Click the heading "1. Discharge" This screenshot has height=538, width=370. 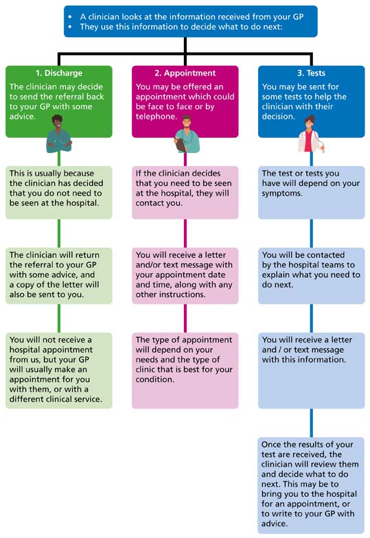[59, 73]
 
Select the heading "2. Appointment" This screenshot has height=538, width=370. [185, 73]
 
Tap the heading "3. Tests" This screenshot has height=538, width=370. [312, 73]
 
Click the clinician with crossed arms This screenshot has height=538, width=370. [59, 134]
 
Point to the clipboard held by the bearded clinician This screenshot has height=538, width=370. [180, 144]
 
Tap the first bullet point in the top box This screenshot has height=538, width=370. [70, 16]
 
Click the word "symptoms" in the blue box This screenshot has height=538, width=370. [281, 194]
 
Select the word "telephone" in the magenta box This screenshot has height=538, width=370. [155, 117]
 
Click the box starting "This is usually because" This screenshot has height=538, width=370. [59, 192]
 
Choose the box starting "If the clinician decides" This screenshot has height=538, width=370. [185, 192]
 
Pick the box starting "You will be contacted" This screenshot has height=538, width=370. [312, 276]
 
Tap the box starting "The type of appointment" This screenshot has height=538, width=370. [185, 371]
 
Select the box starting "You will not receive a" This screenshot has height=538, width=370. [59, 371]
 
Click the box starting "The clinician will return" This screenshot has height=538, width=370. [59, 276]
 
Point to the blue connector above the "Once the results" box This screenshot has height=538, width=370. [312, 423]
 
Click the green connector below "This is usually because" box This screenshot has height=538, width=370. [59, 233]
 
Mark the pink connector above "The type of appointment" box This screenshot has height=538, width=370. [185, 318]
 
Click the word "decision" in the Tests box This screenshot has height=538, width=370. [278, 117]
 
